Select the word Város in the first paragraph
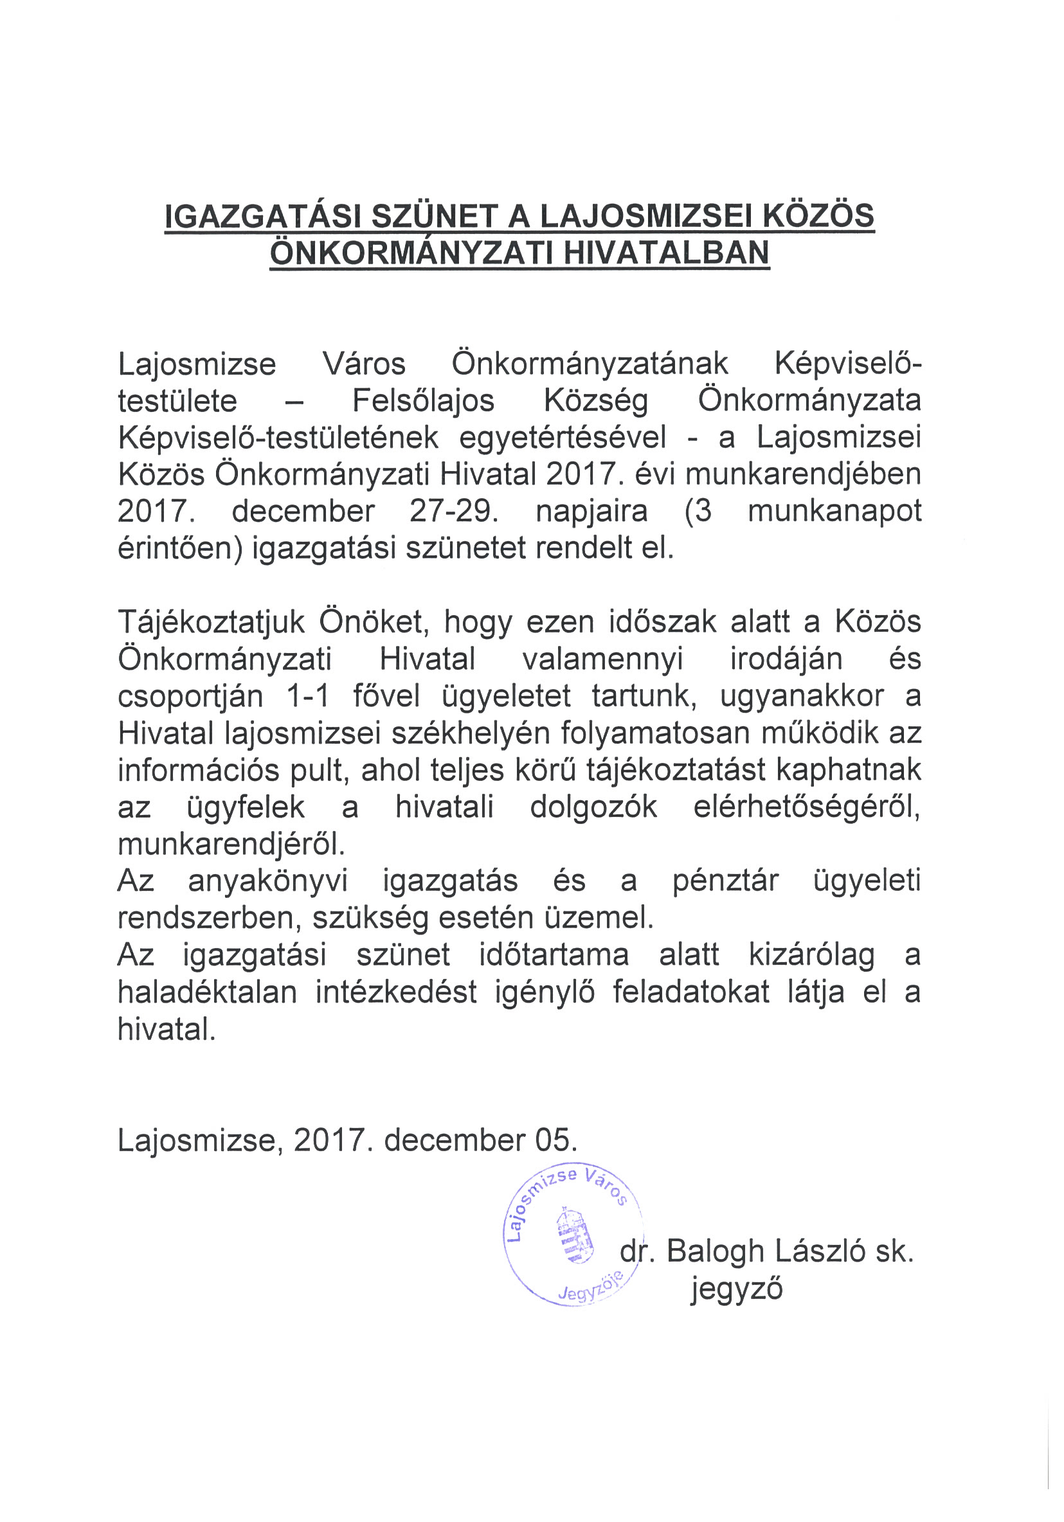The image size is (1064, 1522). pos(363,364)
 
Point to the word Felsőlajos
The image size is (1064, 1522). pos(423,400)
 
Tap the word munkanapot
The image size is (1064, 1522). pos(834,511)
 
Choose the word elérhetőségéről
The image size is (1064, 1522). pos(806,807)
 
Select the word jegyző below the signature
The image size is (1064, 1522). pos(736,1289)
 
